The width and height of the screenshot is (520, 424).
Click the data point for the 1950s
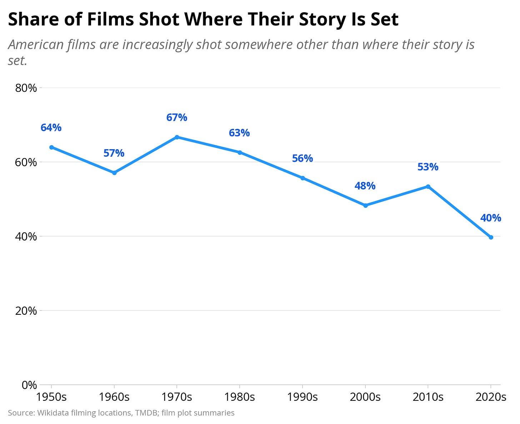pos(51,147)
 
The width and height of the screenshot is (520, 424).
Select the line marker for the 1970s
pos(177,137)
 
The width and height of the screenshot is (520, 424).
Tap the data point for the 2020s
pos(491,237)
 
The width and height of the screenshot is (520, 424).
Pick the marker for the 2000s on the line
pos(365,205)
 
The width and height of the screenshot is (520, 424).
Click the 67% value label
pos(177,117)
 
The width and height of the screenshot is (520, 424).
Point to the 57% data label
pos(114,153)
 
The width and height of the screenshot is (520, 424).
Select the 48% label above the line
pos(365,186)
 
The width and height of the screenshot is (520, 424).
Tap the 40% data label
pos(491,218)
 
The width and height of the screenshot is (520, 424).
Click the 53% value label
pos(428,167)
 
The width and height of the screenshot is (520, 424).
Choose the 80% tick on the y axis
pos(26,88)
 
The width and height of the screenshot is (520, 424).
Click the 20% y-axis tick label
pos(26,311)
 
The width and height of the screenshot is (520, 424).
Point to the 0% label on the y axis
pos(29,385)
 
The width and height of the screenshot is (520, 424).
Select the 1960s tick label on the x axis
pos(114,397)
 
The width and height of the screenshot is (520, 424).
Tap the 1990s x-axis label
pos(302,397)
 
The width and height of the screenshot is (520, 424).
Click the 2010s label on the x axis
pos(428,397)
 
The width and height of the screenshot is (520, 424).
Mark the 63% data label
pos(239,133)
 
